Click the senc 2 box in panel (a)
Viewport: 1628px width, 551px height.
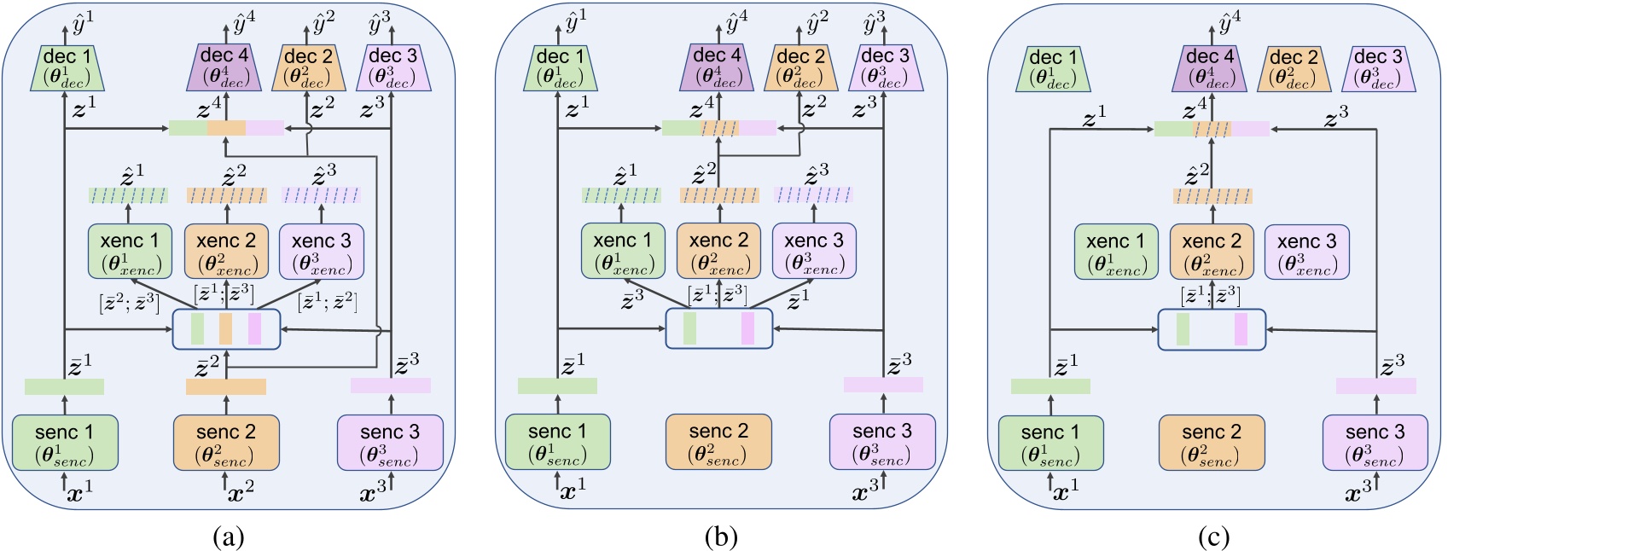point(226,442)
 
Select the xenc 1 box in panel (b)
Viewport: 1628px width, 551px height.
point(622,251)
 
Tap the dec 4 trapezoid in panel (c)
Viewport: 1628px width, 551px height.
point(1210,68)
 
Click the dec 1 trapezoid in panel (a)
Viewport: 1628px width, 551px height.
point(73,68)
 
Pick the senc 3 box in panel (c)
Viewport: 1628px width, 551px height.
point(1375,443)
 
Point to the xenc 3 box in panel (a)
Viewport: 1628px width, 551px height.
point(322,251)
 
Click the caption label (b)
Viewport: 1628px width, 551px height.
point(721,536)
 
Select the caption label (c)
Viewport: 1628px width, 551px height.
point(1213,536)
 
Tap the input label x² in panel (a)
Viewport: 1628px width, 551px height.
point(241,492)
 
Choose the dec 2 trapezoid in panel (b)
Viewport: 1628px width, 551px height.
point(800,68)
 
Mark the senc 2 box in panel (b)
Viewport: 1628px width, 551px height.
point(718,442)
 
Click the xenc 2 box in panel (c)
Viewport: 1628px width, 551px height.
point(1212,251)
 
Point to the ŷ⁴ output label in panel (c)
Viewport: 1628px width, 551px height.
point(1230,20)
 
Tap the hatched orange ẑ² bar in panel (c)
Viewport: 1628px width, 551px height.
point(1212,196)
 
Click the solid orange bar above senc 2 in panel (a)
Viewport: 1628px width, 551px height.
point(226,386)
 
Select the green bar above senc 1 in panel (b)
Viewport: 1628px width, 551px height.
point(557,386)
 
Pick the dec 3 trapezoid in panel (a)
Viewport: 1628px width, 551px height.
point(392,68)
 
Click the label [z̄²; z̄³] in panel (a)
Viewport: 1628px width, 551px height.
point(130,302)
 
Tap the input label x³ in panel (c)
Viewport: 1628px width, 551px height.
point(1358,492)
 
